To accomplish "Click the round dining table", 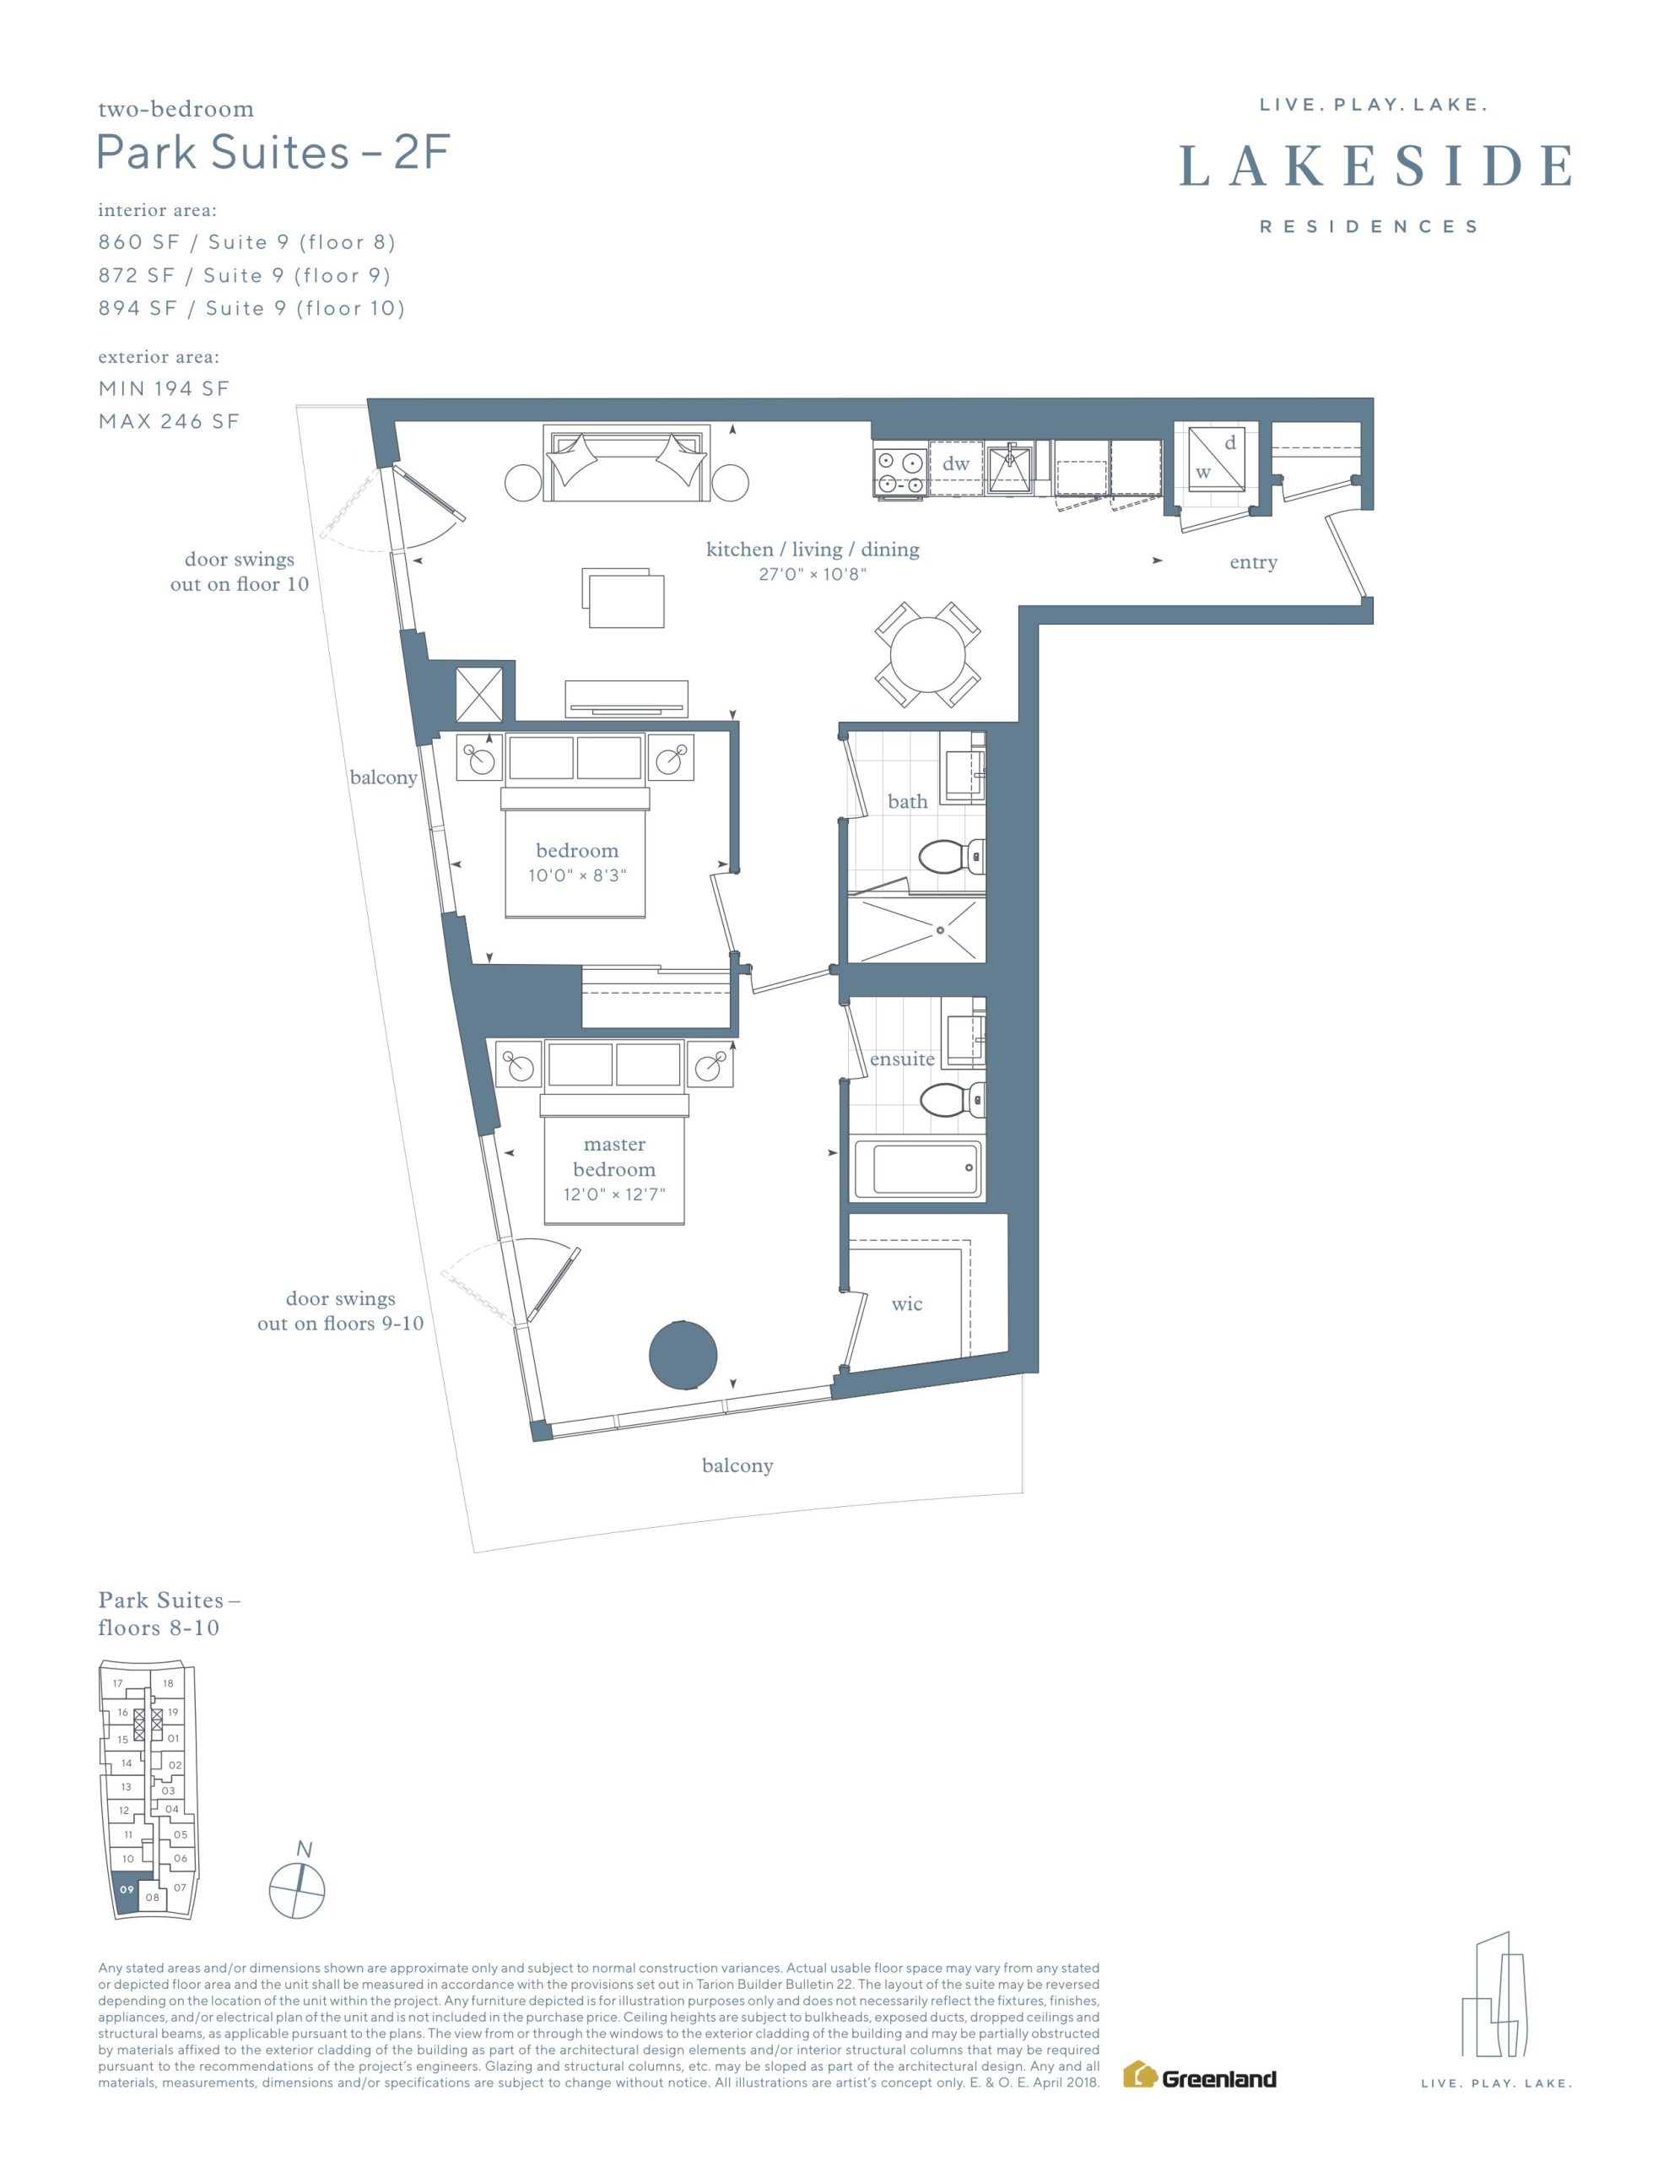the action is [927, 654].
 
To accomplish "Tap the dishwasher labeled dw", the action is [956, 465].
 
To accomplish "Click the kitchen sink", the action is [1009, 467].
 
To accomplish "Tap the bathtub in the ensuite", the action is [916, 1169].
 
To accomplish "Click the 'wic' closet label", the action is [906, 1304].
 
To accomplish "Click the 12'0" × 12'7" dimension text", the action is [614, 1194].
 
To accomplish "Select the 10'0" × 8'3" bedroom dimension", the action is [578, 875].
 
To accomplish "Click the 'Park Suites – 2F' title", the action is [273, 153].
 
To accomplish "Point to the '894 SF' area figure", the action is [138, 309].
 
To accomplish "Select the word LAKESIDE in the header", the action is [1375, 166].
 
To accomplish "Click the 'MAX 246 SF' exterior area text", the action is [169, 421].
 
